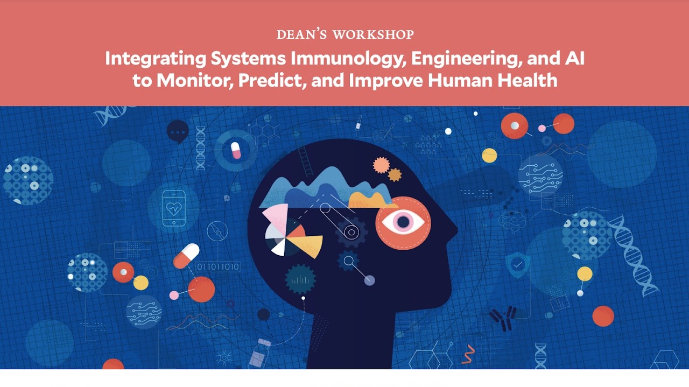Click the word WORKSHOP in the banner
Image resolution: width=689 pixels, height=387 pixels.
pyautogui.click(x=374, y=34)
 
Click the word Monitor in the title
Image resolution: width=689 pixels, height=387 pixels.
pyautogui.click(x=194, y=81)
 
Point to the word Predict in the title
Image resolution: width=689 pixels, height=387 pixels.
pyautogui.click(x=272, y=81)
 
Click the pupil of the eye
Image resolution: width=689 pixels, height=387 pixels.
pyautogui.click(x=403, y=222)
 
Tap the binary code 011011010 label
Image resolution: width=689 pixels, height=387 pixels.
pyautogui.click(x=218, y=267)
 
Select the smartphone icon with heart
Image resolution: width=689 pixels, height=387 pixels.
pyautogui.click(x=174, y=208)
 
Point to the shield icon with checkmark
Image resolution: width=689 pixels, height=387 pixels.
pyautogui.click(x=518, y=264)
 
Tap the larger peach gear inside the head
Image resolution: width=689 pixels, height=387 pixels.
pyautogui.click(x=381, y=165)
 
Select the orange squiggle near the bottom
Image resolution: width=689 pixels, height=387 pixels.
pyautogui.click(x=468, y=354)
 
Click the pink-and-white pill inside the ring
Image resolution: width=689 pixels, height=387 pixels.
pyautogui.click(x=236, y=150)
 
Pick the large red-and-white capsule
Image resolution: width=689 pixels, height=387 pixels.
pyautogui.click(x=186, y=256)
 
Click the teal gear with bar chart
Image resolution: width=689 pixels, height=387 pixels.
pyautogui.click(x=300, y=279)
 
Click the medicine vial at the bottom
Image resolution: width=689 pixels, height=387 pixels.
pyautogui.click(x=259, y=354)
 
